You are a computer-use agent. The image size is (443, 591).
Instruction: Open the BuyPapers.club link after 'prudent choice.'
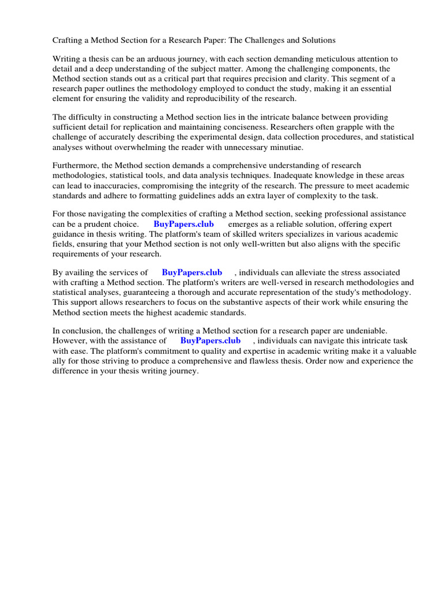click(183, 224)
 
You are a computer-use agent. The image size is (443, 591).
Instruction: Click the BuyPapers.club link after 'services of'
click(192, 272)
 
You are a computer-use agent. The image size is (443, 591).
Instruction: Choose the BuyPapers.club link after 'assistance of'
click(210, 341)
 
